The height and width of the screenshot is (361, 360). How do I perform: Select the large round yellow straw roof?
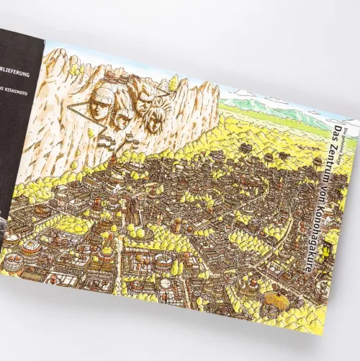coord(275,297)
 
